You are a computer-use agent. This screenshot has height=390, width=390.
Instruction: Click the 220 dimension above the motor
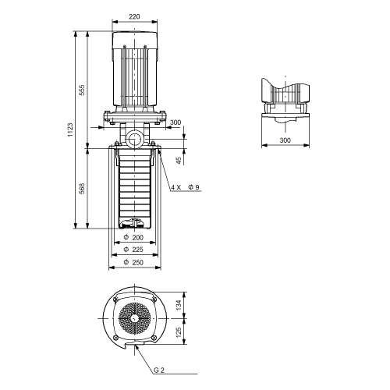click(134, 16)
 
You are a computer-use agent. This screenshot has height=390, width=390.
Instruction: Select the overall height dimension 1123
click(70, 130)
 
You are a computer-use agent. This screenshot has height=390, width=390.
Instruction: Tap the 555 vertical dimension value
click(82, 90)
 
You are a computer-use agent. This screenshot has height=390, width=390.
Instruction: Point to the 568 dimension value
click(82, 189)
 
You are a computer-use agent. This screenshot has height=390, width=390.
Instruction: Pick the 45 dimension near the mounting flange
click(179, 161)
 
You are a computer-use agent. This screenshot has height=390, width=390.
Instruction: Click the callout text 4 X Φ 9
click(186, 187)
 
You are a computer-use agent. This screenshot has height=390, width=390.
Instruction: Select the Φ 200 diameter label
click(133, 237)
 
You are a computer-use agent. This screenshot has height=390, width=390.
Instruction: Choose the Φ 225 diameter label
click(133, 250)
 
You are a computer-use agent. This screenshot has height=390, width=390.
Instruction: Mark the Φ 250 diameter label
click(133, 262)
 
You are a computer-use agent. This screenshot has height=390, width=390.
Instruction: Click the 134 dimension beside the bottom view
click(179, 305)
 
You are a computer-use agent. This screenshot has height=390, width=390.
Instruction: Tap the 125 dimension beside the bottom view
click(179, 332)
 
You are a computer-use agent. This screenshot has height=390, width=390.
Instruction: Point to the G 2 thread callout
click(159, 370)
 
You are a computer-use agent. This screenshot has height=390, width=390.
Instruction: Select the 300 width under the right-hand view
click(285, 140)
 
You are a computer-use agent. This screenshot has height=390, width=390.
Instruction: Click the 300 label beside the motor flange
click(175, 122)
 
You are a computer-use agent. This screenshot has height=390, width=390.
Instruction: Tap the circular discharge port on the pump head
click(134, 138)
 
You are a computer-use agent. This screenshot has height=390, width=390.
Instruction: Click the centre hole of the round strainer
click(134, 318)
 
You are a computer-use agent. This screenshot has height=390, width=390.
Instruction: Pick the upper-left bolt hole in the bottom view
click(115, 300)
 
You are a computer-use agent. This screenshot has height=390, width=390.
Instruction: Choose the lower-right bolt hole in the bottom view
click(154, 338)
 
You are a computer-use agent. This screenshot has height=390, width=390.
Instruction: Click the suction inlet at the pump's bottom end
click(134, 224)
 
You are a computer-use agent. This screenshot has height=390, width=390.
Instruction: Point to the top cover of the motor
click(135, 40)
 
